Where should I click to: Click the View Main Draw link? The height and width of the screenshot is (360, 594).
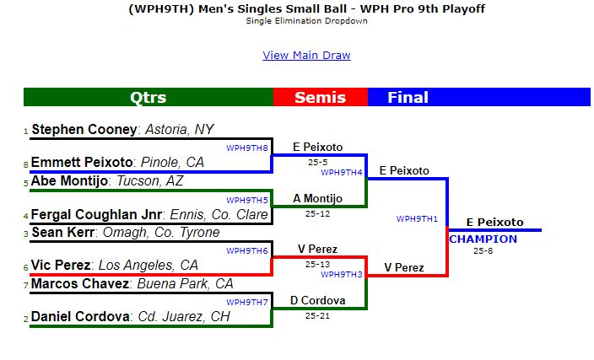tap(306, 56)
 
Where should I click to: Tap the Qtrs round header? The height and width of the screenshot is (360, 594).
tap(148, 97)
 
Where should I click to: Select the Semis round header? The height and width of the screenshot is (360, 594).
tap(321, 97)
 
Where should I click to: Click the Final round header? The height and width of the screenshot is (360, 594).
tap(408, 97)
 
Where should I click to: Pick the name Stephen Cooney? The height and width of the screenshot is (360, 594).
tap(84, 130)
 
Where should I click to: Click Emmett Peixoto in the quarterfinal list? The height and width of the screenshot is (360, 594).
tap(82, 163)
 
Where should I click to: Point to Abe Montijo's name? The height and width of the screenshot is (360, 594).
tap(69, 181)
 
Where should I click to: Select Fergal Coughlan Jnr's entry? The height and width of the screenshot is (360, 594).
tap(96, 215)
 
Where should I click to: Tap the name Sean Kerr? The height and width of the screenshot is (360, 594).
tap(63, 232)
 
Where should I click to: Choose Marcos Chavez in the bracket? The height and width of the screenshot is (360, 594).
tap(80, 283)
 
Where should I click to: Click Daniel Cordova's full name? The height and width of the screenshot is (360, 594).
tap(80, 316)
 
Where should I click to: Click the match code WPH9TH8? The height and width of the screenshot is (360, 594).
tap(247, 148)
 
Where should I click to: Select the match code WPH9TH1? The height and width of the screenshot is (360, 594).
tap(417, 219)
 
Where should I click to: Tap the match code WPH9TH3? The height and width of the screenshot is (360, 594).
tap(342, 275)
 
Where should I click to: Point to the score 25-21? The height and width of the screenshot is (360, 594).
tap(317, 315)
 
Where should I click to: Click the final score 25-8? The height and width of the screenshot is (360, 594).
tap(483, 250)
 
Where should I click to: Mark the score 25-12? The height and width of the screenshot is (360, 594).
tap(317, 214)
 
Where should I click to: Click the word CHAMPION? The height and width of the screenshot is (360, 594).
tap(483, 239)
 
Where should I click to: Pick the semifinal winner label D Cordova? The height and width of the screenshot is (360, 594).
tap(318, 301)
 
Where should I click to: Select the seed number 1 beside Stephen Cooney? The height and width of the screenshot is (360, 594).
tap(26, 132)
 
